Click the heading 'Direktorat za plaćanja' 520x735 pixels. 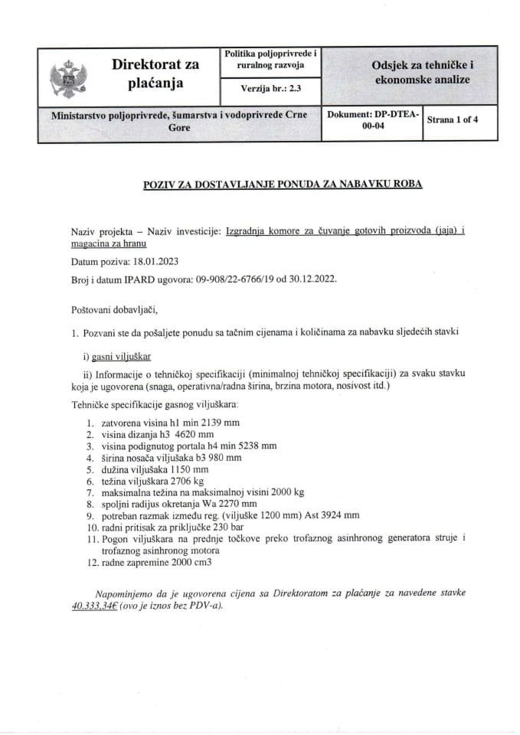click(155, 73)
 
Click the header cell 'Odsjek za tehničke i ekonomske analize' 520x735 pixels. click(420, 73)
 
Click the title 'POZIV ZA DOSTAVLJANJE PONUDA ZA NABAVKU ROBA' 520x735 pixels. click(283, 185)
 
